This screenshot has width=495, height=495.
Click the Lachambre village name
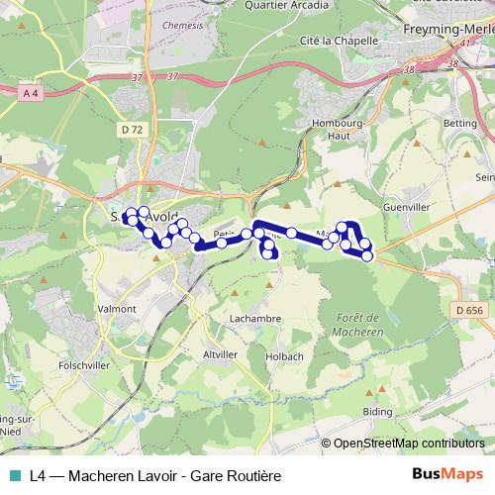click(254, 319)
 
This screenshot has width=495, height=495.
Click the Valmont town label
click(117, 309)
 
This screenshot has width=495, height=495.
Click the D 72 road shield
click(131, 129)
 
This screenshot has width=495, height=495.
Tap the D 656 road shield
click(471, 310)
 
